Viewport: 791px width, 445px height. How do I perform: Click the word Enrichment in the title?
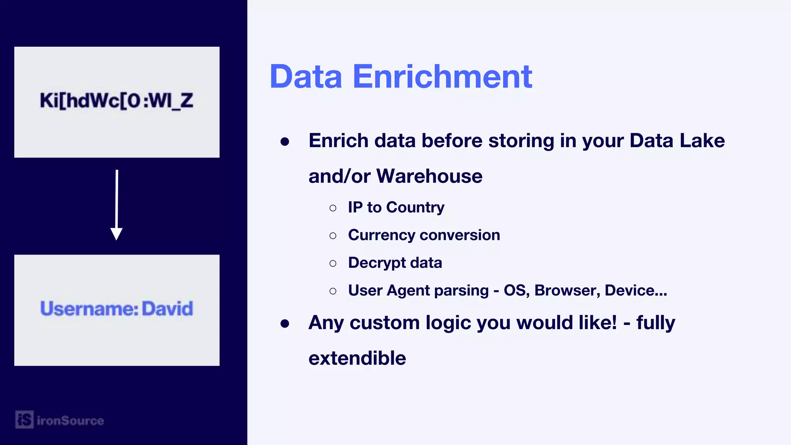[443, 76]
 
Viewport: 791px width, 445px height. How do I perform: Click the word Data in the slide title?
[306, 76]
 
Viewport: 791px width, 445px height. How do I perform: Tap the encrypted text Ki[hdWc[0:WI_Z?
[116, 101]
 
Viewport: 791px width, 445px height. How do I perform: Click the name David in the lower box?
[167, 309]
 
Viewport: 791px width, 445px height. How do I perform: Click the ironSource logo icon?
[24, 420]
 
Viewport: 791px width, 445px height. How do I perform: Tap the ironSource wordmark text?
[70, 421]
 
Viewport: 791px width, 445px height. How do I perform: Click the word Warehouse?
[429, 176]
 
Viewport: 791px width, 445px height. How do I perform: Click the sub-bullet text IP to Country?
[396, 207]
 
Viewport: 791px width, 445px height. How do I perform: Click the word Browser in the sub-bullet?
[567, 290]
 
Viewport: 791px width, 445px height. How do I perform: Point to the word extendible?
[357, 358]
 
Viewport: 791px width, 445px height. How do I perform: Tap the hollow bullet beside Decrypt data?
[333, 263]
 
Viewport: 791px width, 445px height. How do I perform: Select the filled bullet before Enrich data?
[285, 142]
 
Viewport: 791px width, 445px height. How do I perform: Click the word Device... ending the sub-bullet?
[636, 290]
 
